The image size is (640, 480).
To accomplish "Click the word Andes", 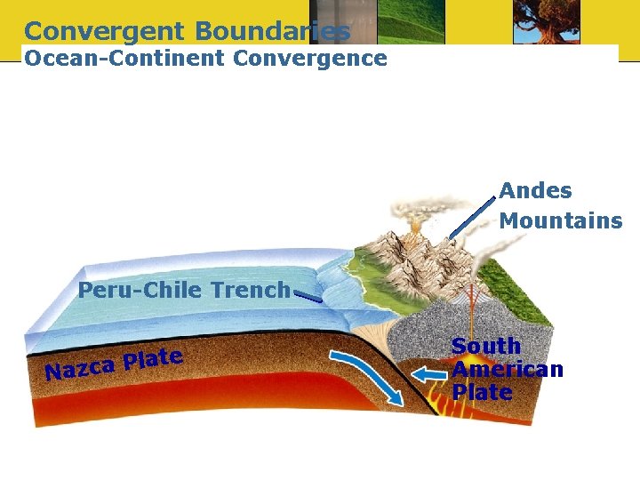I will click(535, 190).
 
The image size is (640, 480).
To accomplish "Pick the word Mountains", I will click(560, 220).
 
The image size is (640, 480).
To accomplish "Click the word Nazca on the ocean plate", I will click(81, 366).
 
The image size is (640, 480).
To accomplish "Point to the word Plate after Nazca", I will click(153, 358).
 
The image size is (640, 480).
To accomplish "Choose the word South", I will click(485, 346).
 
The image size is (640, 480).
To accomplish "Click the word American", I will click(507, 369).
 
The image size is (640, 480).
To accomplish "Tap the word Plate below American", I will click(481, 392).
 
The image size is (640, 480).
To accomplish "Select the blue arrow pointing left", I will click(433, 372).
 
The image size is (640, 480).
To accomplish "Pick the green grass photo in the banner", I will click(410, 21).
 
